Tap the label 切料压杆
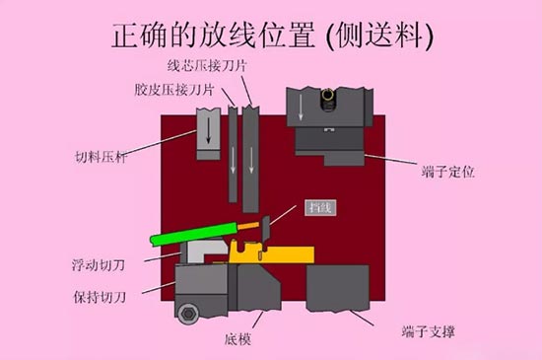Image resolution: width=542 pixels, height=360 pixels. [x=99, y=156]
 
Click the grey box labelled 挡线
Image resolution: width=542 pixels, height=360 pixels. [x=318, y=208]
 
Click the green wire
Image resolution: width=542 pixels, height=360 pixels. [x=192, y=234]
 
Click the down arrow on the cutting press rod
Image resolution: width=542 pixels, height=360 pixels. [x=207, y=129]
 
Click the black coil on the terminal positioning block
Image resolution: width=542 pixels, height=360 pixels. [x=325, y=96]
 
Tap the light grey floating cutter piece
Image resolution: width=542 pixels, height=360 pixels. [x=197, y=254]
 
